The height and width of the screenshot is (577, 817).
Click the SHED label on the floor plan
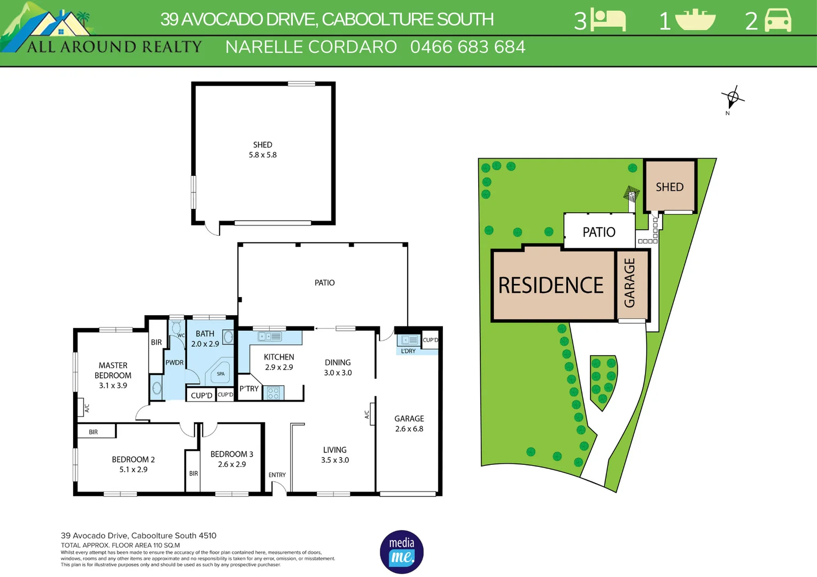pos(262,145)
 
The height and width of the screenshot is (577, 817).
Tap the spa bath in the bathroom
pos(220,373)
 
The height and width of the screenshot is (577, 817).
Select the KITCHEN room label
pos(279,357)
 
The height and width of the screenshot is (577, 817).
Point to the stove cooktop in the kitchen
pos(273,393)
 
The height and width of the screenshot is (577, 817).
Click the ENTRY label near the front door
pos(277,475)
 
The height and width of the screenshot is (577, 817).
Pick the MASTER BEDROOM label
pos(113,370)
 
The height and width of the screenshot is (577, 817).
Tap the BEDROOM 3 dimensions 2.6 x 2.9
pos(231,465)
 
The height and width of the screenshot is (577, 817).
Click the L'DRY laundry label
pos(408,351)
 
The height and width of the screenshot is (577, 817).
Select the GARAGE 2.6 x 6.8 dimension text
pos(409,429)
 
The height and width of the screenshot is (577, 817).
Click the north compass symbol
pos(733,98)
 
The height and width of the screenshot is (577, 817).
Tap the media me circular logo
pos(402,552)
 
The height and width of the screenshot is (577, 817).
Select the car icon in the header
pos(778,20)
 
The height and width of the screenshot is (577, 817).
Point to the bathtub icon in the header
pos(695,20)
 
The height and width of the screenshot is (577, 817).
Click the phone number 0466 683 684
pos(468,47)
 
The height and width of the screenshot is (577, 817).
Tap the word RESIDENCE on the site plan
pos(550,285)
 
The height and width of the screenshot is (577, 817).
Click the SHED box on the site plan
pos(670,186)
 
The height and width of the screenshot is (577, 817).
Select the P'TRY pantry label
pos(249,389)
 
